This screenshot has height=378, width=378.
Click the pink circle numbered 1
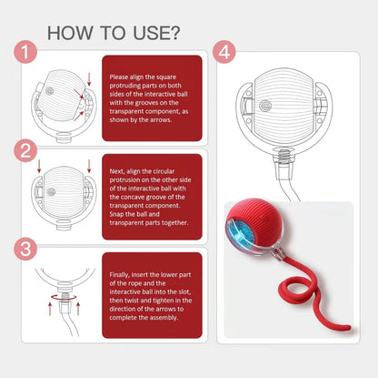coord(25,52)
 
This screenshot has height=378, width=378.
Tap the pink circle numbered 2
coord(25,150)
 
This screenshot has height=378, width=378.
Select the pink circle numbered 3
coord(25,249)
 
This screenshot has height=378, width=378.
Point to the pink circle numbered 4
coord(224,52)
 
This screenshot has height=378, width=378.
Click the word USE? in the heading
coord(156,33)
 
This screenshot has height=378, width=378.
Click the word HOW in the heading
coord(70,33)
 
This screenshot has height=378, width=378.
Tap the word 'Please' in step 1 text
coord(119,77)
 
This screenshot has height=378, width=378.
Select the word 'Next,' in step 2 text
coord(117,171)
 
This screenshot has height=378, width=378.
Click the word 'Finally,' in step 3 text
coord(120,275)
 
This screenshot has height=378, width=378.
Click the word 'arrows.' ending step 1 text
coord(162,119)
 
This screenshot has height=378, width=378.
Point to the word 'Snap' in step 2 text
coord(116,214)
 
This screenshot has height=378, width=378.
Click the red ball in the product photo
coord(254,228)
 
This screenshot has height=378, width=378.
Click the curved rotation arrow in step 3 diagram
coord(65,297)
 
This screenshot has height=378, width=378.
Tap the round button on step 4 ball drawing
coord(265,106)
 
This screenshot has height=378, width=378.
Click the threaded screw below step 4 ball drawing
coord(283,154)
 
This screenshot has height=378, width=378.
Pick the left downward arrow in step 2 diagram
coord(39,167)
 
